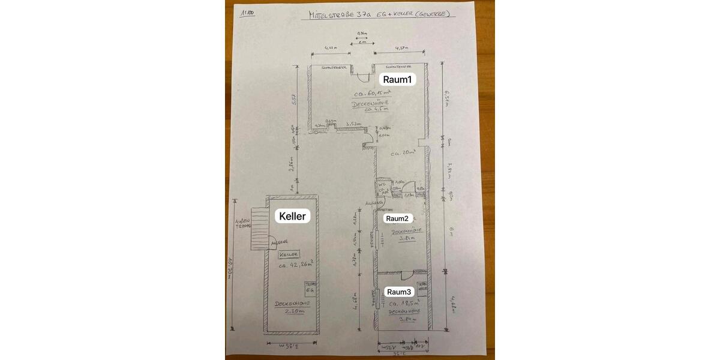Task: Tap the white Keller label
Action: (292, 216)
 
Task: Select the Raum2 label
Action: (397, 218)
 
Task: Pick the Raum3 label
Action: (399, 292)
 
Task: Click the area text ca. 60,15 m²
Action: (372, 94)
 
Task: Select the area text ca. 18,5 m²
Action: (403, 304)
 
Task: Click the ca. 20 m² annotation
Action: (404, 154)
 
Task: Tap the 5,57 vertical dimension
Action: (294, 99)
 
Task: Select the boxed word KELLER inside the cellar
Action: (289, 254)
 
